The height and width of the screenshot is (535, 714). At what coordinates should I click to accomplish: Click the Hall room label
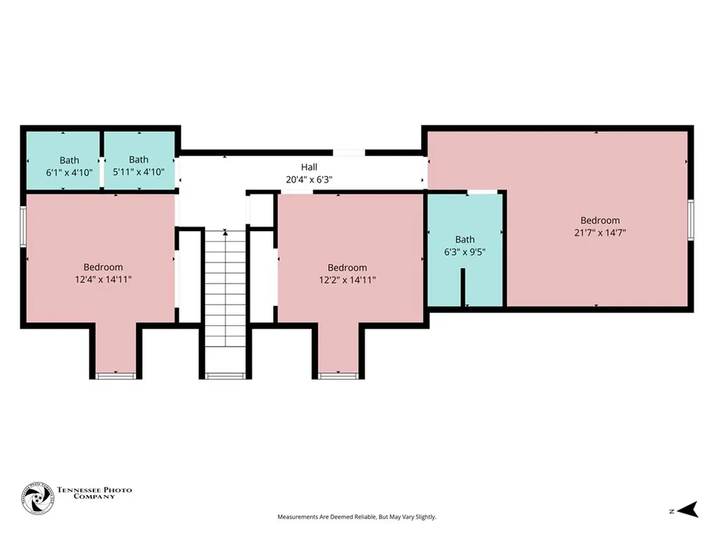click(x=309, y=167)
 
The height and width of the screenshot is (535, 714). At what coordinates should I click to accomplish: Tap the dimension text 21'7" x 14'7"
click(x=600, y=233)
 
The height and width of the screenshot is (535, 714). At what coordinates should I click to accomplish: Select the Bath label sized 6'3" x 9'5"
click(x=464, y=240)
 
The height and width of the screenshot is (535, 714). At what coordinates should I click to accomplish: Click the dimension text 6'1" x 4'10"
click(x=69, y=173)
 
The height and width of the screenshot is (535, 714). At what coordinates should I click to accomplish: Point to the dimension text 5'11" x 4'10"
click(x=139, y=172)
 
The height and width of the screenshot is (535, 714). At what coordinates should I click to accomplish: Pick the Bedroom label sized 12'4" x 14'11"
click(x=103, y=267)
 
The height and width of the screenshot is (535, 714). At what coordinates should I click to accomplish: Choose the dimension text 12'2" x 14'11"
click(x=347, y=280)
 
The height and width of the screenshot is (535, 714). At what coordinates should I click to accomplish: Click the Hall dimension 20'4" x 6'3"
click(x=309, y=180)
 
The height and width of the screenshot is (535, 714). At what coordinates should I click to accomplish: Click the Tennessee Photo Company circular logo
click(x=38, y=499)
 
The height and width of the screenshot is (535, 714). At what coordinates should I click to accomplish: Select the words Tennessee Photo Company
click(x=94, y=493)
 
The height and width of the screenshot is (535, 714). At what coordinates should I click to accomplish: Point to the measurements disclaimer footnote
click(x=356, y=517)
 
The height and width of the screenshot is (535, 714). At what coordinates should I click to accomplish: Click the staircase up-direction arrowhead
click(x=225, y=233)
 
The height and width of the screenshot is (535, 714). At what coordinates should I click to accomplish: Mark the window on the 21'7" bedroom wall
click(x=690, y=219)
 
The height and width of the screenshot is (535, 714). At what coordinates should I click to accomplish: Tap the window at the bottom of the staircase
click(x=225, y=375)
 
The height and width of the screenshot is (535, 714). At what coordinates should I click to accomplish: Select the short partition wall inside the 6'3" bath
click(x=463, y=287)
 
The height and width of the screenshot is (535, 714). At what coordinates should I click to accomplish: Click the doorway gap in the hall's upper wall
click(x=349, y=153)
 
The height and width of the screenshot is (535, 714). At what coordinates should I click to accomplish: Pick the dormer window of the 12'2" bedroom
click(x=337, y=375)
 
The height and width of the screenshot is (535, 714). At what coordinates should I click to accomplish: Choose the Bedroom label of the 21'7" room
click(x=600, y=220)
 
